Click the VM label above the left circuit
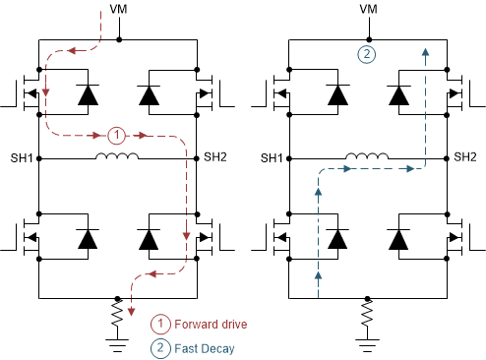pyautogui.click(x=120, y=10)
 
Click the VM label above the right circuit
pyautogui.click(x=369, y=10)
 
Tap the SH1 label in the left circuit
pyautogui.click(x=22, y=157)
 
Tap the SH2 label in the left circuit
pyautogui.click(x=215, y=157)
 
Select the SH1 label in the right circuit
pyautogui.click(x=272, y=157)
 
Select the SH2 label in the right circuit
pyautogui.click(x=465, y=157)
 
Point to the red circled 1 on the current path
pyautogui.click(x=117, y=135)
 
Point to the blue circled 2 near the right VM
pyautogui.click(x=366, y=55)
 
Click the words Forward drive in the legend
pyautogui.click(x=213, y=324)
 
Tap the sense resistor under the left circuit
pyautogui.click(x=118, y=316)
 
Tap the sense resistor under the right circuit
pyautogui.click(x=368, y=316)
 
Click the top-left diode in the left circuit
pyautogui.click(x=88, y=94)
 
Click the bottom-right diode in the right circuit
pyautogui.click(x=398, y=239)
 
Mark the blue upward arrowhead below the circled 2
pyautogui.click(x=425, y=55)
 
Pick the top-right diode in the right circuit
pyautogui.click(x=398, y=94)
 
